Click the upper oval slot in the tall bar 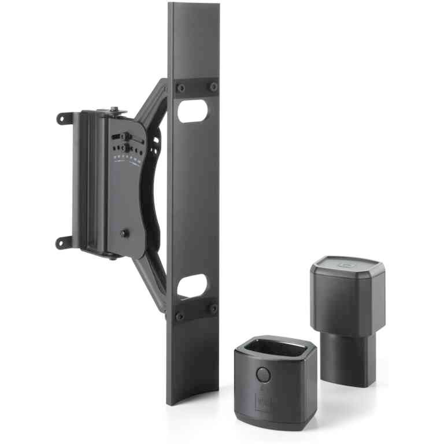(x=192, y=111)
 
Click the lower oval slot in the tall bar (x=192, y=286)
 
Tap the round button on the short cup (x=262, y=374)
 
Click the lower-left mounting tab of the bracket (x=62, y=242)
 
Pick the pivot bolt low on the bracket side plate (x=124, y=233)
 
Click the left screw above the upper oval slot (x=181, y=88)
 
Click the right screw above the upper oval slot (x=213, y=87)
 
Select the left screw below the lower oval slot (x=180, y=316)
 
